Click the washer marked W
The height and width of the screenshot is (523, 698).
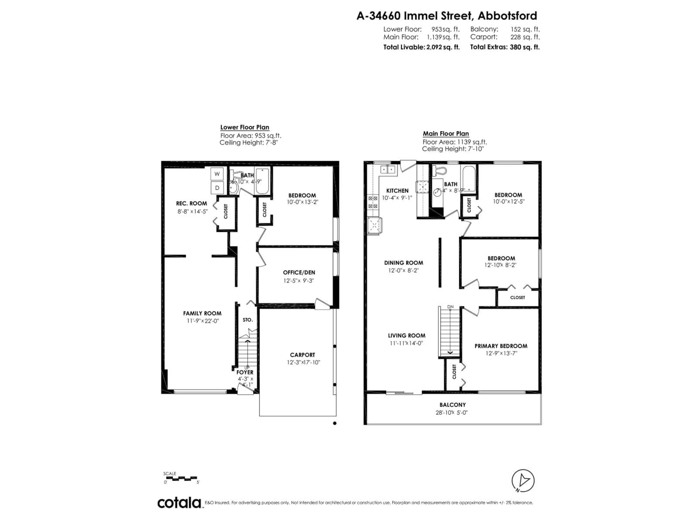217,174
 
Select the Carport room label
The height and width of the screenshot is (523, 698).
302,355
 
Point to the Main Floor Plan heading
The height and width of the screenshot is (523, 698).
446,134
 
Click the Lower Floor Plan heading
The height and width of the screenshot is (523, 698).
244,127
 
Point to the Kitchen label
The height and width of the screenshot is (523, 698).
397,191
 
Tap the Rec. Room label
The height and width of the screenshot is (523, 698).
192,204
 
